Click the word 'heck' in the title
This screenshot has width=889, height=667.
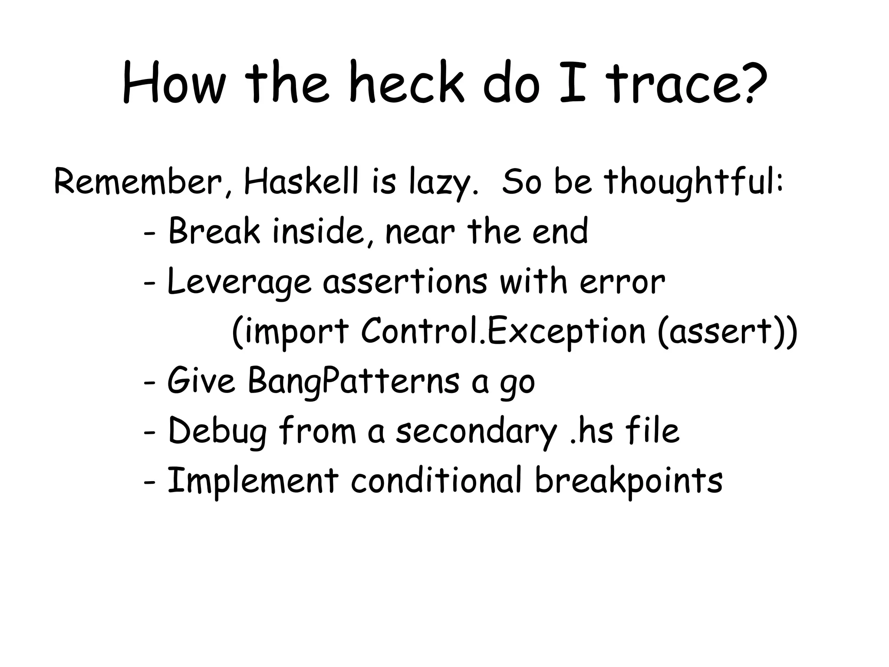406,83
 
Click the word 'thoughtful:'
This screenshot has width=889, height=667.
694,182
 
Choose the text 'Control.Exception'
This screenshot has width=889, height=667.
504,332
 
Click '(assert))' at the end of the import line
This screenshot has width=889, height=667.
728,332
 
